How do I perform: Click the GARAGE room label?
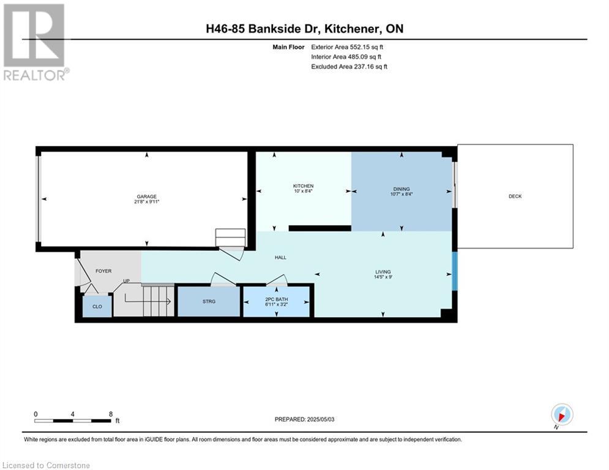(x=146, y=196)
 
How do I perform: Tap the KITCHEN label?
(x=303, y=186)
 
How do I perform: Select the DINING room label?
(x=402, y=188)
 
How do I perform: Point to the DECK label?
(x=515, y=196)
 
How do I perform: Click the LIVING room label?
(x=383, y=272)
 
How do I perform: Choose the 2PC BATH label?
(x=276, y=299)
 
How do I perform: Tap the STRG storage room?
(x=209, y=302)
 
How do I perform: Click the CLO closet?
(x=97, y=306)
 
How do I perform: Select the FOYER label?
(x=103, y=271)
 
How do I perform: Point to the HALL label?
(x=280, y=257)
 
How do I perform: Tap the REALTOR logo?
(x=35, y=42)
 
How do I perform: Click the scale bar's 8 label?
(x=111, y=414)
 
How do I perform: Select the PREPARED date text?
(x=305, y=419)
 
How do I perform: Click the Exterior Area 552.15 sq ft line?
(x=347, y=47)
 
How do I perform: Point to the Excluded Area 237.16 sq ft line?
(x=349, y=67)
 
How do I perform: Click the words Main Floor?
(x=288, y=47)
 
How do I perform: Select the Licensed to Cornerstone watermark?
(x=46, y=465)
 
